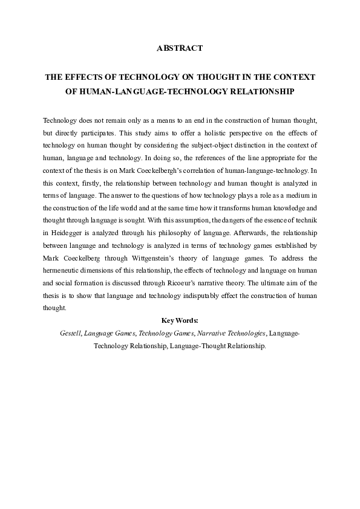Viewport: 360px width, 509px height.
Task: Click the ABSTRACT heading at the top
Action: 180,48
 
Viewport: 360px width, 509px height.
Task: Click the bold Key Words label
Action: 180,320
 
